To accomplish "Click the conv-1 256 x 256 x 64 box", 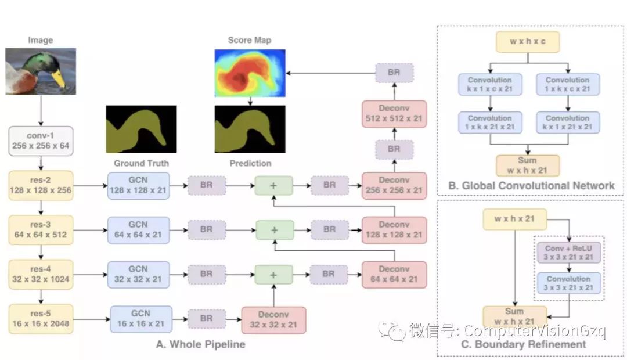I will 41,141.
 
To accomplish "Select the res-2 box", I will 41,185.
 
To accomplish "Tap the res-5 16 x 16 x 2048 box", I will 41,319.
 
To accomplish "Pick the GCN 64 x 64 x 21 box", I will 138,230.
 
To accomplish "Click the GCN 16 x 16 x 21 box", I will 141,319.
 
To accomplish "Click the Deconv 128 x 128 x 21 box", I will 394,230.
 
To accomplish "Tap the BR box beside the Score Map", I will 394,73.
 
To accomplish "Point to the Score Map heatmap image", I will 250,73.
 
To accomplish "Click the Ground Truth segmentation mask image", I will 141,129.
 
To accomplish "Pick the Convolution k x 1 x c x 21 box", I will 489,85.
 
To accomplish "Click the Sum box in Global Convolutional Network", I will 528,165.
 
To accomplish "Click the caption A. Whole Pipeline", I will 201,344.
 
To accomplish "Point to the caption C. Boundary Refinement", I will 530,344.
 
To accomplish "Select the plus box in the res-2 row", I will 274,186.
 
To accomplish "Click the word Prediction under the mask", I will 250,163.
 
